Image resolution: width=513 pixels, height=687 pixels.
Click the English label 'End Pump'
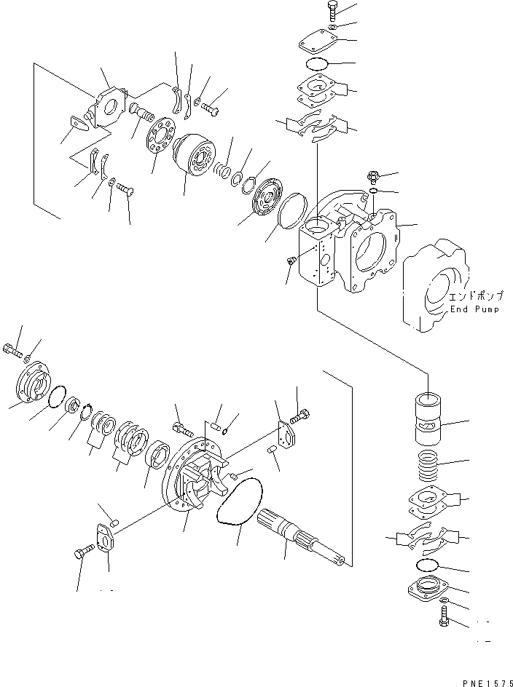474,309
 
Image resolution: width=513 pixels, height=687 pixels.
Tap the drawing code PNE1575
487,683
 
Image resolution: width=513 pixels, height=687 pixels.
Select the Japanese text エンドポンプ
476,297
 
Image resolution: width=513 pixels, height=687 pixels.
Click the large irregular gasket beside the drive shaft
240,501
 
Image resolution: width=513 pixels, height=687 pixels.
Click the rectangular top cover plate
318,41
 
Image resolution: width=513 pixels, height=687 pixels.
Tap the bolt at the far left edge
12,351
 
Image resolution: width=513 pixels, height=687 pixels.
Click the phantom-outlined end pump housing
434,285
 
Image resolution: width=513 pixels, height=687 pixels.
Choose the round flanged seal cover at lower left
33,381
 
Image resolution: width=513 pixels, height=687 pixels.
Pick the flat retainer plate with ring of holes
160,136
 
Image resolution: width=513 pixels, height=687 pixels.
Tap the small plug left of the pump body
291,261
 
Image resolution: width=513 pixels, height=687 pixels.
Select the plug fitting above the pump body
372,177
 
